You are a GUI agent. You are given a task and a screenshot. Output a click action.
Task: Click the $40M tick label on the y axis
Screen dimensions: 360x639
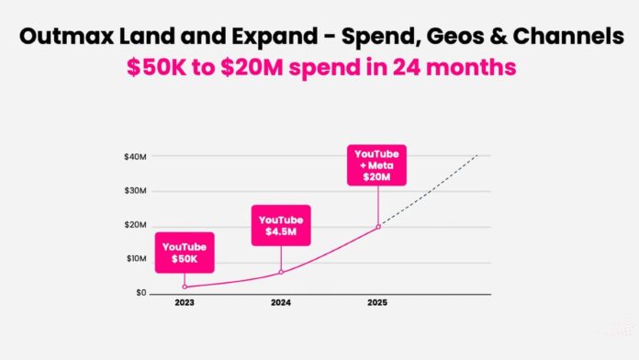pyautogui.click(x=135, y=157)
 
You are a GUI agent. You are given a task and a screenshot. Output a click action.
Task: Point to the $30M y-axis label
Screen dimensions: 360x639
pyautogui.click(x=135, y=191)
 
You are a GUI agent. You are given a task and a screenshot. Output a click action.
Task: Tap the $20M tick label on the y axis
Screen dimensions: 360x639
pyautogui.click(x=135, y=225)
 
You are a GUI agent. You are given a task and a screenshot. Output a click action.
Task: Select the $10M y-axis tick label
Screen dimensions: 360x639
pyautogui.click(x=135, y=259)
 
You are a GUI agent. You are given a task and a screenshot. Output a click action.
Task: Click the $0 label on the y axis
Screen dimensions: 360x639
pyautogui.click(x=140, y=293)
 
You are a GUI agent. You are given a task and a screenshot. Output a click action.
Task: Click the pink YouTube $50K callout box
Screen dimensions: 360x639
pyautogui.click(x=185, y=253)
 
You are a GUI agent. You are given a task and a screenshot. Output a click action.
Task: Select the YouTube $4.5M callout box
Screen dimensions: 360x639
pyautogui.click(x=282, y=225)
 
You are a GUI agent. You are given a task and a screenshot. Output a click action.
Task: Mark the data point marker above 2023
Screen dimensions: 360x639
pyautogui.click(x=185, y=287)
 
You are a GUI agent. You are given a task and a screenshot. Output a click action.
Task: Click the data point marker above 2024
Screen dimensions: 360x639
pyautogui.click(x=281, y=272)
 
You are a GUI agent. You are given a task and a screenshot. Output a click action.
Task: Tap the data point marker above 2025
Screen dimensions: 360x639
pyautogui.click(x=378, y=226)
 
